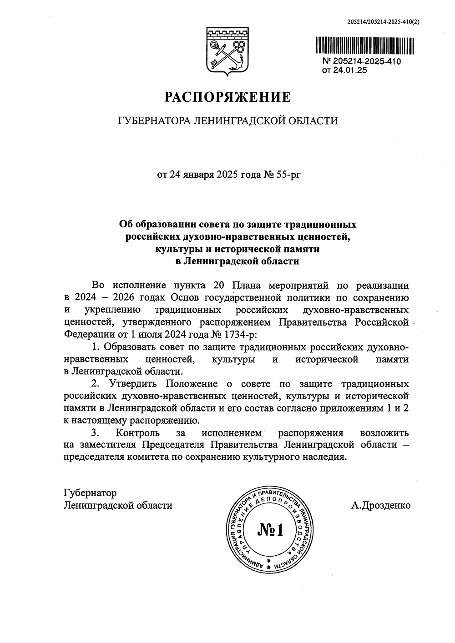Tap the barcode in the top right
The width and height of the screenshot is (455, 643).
[x=365, y=46]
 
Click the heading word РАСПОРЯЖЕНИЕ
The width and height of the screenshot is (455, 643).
[x=227, y=97]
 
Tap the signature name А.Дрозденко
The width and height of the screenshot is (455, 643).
[x=380, y=505]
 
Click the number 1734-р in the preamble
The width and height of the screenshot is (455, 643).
[x=238, y=335]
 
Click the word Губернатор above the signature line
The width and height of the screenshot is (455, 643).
[x=90, y=493]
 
